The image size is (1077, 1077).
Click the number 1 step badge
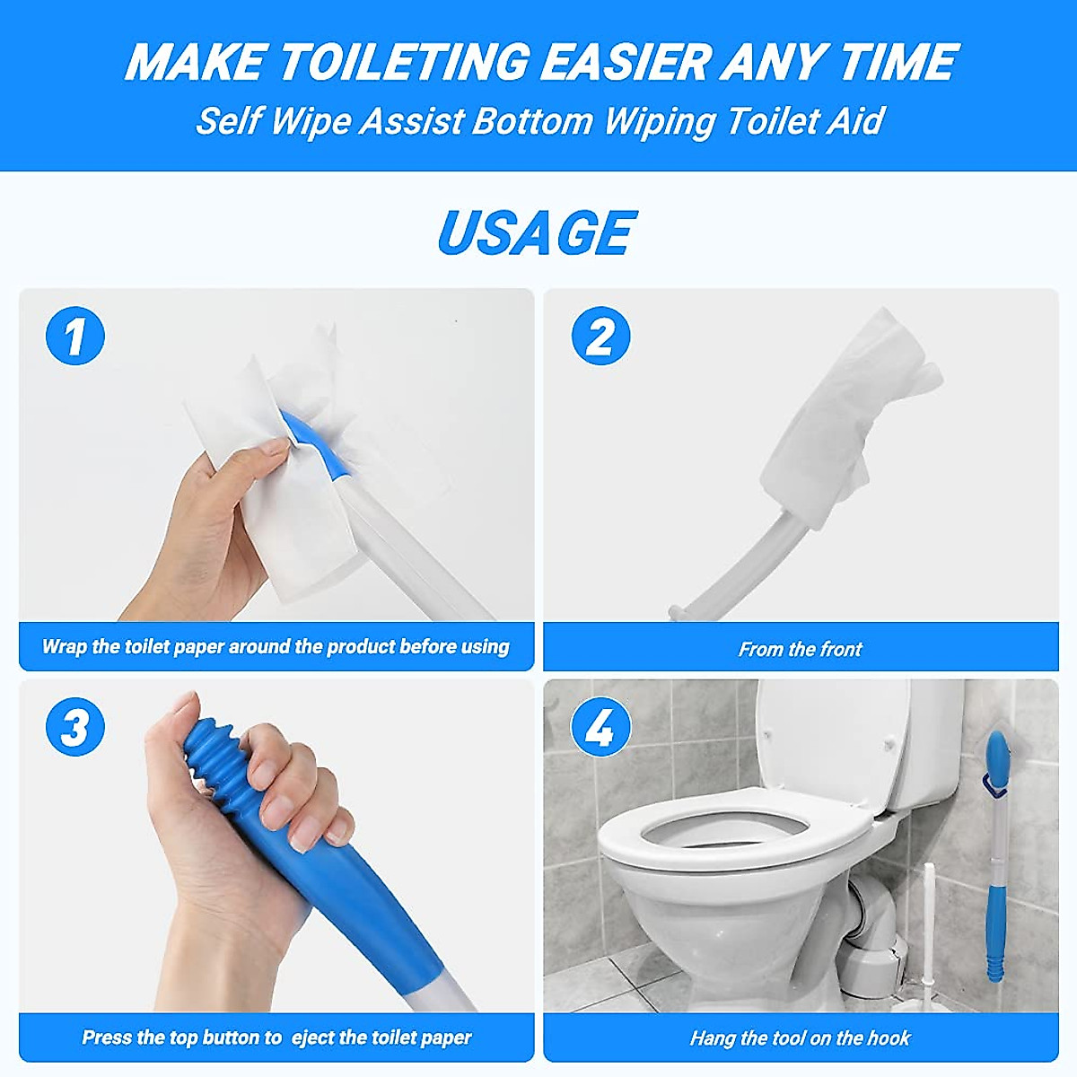pyautogui.click(x=75, y=336)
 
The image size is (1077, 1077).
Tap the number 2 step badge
pyautogui.click(x=600, y=336)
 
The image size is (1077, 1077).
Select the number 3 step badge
pyautogui.click(x=75, y=726)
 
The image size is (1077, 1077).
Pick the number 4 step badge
pyautogui.click(x=600, y=726)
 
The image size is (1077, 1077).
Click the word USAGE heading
pyautogui.click(x=537, y=232)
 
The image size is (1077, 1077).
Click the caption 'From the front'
pyautogui.click(x=800, y=649)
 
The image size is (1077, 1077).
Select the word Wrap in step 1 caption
pyautogui.click(x=65, y=646)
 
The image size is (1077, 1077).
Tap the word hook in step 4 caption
pyautogui.click(x=887, y=1038)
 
